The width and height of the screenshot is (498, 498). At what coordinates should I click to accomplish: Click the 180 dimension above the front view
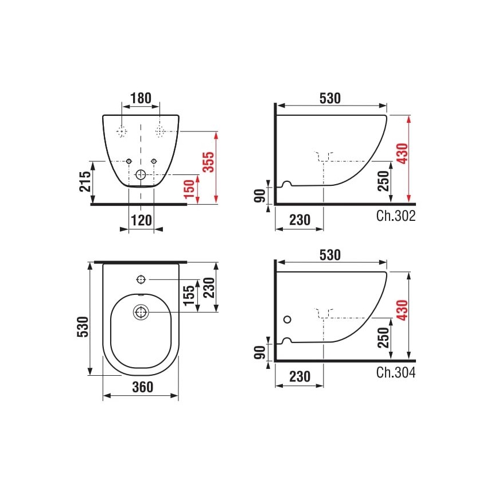click(141, 98)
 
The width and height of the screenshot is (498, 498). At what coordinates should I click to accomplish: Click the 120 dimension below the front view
click(141, 219)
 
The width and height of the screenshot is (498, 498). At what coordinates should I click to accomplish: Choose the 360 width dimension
click(141, 387)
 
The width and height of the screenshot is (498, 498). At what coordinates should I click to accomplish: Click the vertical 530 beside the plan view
click(84, 319)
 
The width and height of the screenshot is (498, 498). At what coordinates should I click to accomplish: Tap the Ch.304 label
click(396, 372)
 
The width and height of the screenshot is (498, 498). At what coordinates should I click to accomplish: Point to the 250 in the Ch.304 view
click(384, 340)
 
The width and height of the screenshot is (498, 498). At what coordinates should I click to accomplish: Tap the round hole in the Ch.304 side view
click(287, 319)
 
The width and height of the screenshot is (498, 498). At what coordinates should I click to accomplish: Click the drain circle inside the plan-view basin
click(141, 312)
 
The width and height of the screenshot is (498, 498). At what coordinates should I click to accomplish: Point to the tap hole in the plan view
click(141, 279)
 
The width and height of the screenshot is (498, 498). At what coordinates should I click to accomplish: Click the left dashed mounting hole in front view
click(121, 131)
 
